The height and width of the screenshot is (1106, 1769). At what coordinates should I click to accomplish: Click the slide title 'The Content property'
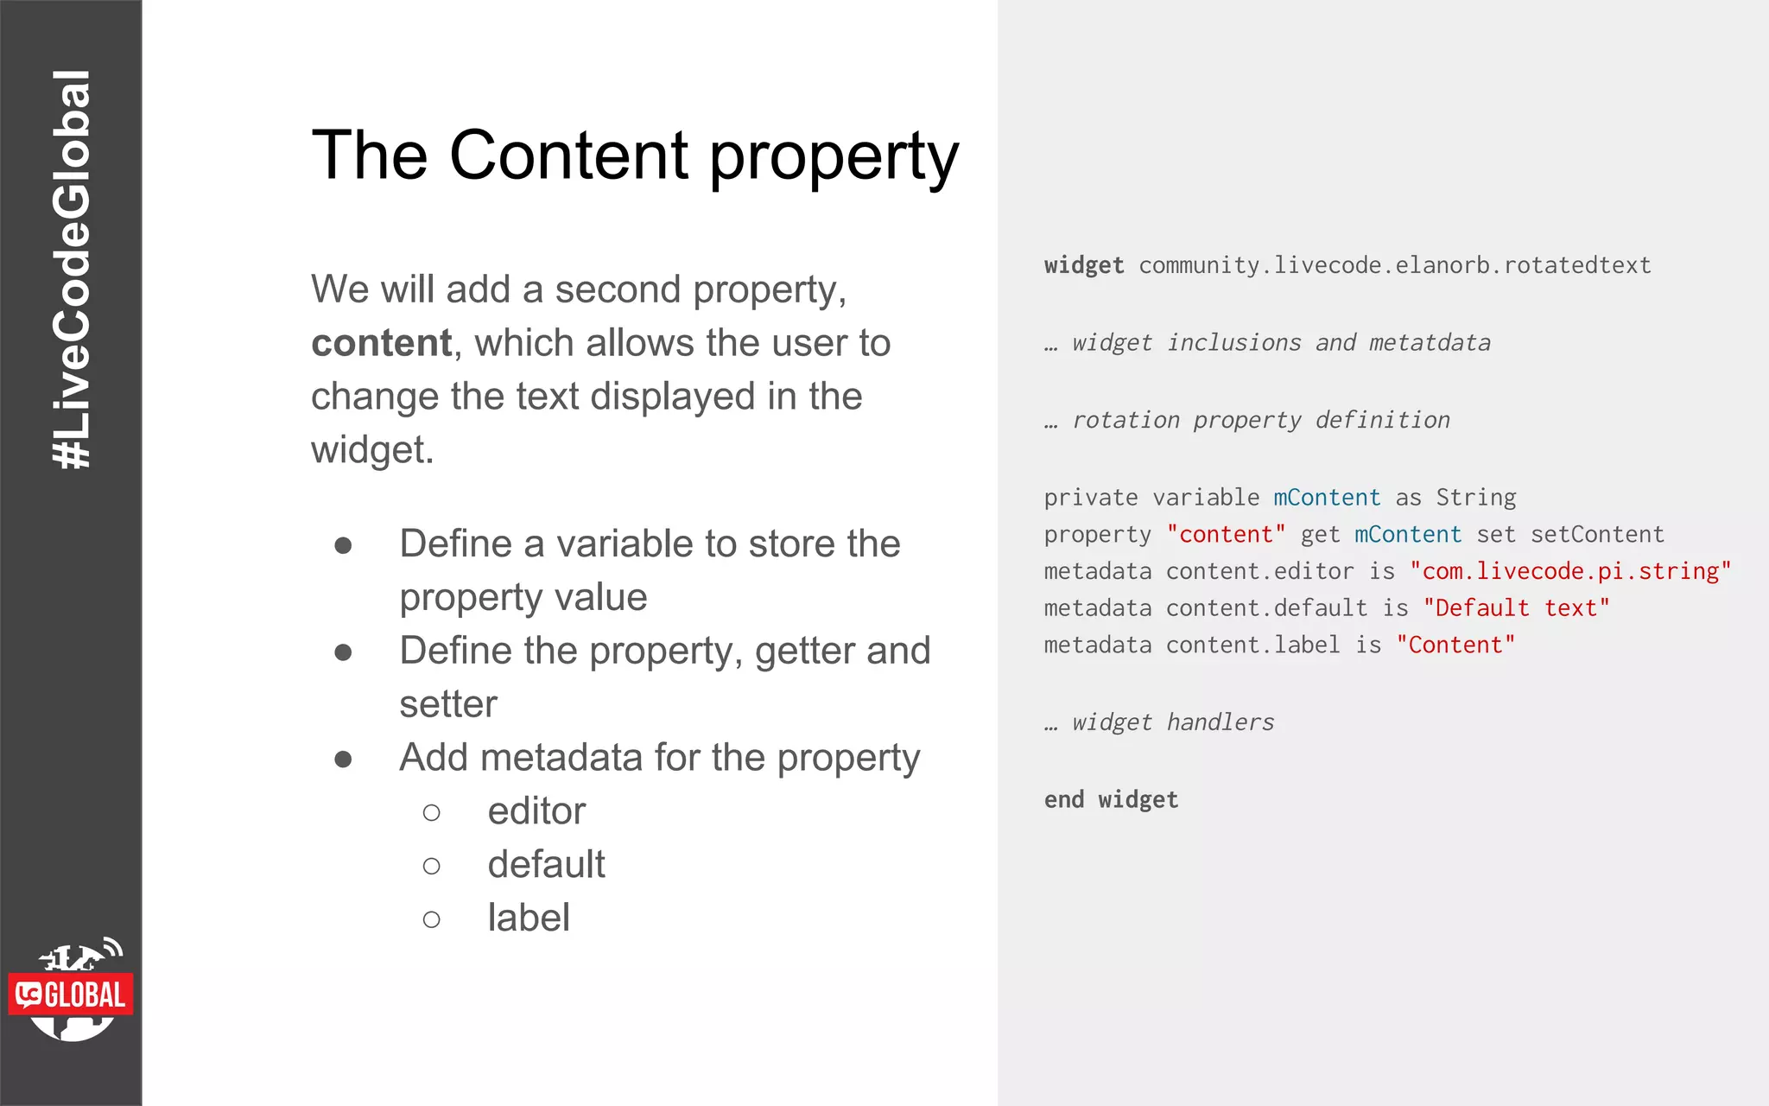point(635,156)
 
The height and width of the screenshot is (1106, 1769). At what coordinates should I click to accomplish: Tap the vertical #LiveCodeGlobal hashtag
point(72,270)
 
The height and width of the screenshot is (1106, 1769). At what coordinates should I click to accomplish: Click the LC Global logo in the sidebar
point(72,992)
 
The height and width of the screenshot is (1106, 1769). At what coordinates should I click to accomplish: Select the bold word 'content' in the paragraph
point(381,343)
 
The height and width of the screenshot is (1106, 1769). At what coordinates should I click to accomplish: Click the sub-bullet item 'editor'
point(536,811)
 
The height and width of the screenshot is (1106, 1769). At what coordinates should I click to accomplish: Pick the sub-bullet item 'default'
point(546,864)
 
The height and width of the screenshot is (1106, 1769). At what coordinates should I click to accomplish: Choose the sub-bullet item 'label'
point(529,918)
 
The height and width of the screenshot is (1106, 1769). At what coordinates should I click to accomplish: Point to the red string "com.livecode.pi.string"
point(1570,571)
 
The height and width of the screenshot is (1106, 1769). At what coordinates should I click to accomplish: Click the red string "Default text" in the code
point(1516,608)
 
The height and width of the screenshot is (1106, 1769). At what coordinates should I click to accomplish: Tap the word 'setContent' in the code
point(1597,535)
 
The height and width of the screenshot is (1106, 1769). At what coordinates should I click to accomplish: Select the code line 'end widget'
point(1111,800)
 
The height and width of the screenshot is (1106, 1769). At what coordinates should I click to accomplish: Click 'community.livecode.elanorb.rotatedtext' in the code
point(1394,265)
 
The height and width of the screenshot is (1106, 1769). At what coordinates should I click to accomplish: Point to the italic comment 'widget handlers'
point(1173,722)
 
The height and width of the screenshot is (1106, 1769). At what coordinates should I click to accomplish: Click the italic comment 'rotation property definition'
point(1261,420)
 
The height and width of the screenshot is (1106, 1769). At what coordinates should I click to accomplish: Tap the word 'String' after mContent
point(1475,498)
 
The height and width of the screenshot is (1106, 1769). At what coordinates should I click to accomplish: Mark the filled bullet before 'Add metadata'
point(343,759)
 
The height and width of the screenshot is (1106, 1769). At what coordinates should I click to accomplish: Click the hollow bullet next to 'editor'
point(432,812)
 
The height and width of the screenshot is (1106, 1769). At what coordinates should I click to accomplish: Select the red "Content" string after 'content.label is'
point(1455,645)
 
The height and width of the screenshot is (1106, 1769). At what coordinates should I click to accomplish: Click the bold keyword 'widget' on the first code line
point(1084,265)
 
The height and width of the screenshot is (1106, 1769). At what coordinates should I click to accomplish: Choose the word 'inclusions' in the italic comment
point(1233,343)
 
